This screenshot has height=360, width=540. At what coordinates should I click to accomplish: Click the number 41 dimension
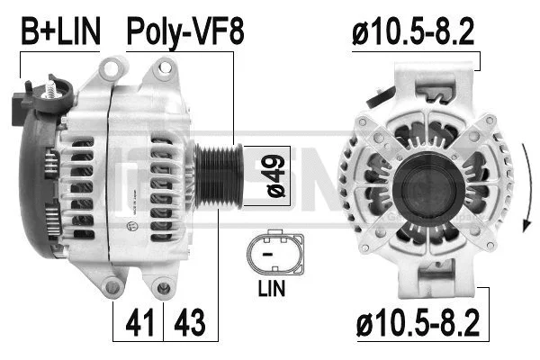click(136, 320)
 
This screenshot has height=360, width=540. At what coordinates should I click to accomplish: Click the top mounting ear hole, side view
click(113, 67)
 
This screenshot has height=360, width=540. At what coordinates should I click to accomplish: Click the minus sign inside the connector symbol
click(267, 256)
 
